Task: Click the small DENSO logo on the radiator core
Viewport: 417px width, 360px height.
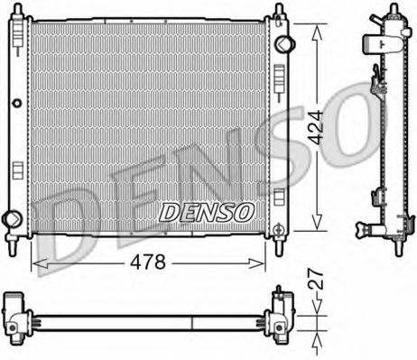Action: click(x=207, y=211)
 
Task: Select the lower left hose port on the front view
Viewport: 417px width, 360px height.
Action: click(x=12, y=217)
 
